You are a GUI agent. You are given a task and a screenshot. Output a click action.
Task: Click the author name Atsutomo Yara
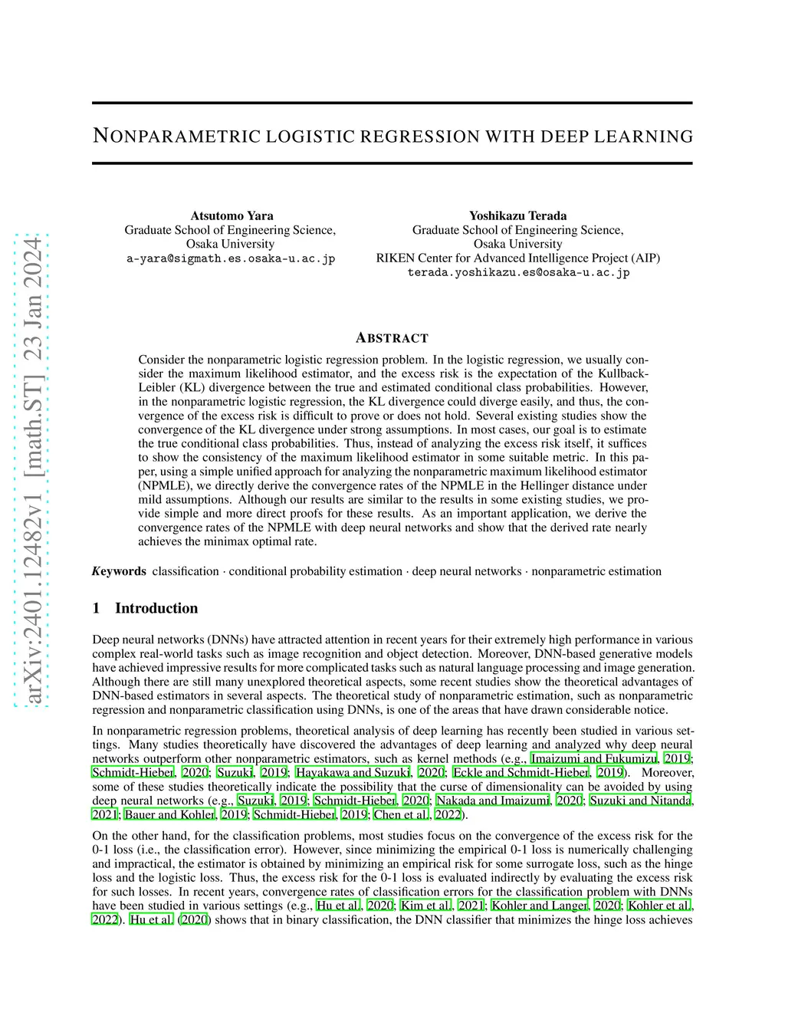point(232,215)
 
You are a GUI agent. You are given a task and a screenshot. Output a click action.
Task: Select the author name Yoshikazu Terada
point(517,215)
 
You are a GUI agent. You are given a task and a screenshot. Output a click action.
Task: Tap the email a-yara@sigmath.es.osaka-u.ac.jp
point(231,258)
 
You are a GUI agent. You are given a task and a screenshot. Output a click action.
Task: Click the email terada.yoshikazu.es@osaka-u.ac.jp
point(518,272)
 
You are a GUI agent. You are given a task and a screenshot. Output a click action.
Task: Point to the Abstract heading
point(392,338)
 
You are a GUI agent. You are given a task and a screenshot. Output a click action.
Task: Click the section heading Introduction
point(156,608)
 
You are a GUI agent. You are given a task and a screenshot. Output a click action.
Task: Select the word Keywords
point(119,571)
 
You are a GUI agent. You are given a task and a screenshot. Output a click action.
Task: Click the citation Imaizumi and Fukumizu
point(594,758)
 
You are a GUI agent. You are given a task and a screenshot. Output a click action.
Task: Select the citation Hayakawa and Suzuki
point(353,772)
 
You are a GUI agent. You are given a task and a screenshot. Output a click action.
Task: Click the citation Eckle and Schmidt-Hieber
point(521,772)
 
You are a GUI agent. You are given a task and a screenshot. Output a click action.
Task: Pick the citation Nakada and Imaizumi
point(492,801)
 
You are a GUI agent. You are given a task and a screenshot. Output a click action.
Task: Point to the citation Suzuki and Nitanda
point(640,801)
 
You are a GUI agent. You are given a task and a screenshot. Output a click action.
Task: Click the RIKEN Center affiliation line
point(517,258)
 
